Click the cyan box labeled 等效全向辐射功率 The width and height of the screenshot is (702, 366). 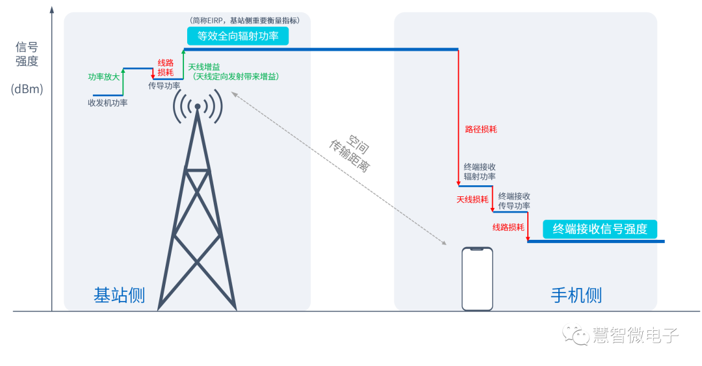coord(238,36)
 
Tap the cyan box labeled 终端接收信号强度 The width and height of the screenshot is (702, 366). coord(600,229)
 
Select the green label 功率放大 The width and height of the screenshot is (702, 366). coord(104,77)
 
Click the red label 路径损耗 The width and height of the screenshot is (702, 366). coord(481,129)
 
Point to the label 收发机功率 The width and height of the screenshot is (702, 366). coord(108,103)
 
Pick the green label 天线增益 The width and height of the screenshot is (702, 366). coord(204,67)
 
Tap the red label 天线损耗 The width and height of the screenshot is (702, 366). coord(473,200)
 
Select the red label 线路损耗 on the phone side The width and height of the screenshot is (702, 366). coord(508,228)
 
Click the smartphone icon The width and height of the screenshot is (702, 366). coord(477,279)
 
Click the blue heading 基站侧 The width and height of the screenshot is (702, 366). coord(120,295)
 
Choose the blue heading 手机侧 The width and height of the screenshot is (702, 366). coord(577,295)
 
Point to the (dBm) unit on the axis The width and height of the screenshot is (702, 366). coord(27,89)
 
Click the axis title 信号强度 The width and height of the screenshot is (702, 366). coord(27,54)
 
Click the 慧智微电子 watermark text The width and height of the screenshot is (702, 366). coord(635,335)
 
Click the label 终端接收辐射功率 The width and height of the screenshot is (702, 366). coord(480,172)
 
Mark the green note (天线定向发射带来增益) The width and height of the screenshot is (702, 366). coord(236,77)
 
